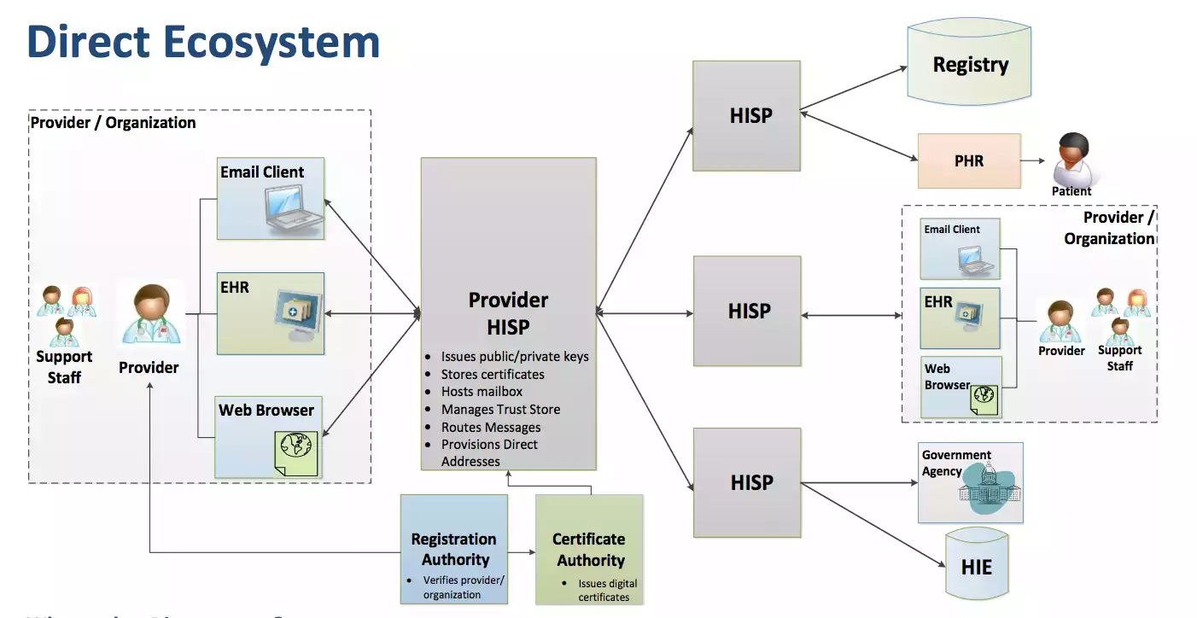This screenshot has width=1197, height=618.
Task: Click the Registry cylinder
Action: pos(970,66)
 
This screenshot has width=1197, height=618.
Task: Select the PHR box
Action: pos(968,160)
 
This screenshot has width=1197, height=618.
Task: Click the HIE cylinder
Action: pos(977,566)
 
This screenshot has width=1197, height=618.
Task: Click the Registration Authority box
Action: pos(454,549)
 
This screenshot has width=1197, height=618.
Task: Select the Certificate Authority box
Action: pos(589,550)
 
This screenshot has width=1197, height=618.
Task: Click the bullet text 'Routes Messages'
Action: pos(490,427)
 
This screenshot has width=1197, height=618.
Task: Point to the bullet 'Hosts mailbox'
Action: pos(482,392)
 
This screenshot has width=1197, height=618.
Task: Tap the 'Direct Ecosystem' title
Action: pos(203,42)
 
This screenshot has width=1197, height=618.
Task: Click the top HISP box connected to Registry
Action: pos(746,116)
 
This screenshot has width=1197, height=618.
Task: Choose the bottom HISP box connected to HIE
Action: pos(746,482)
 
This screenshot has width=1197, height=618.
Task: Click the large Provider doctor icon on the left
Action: pos(150,316)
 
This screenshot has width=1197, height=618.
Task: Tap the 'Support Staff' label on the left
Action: pos(64,367)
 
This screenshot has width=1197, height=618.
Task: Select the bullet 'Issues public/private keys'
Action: pos(514,357)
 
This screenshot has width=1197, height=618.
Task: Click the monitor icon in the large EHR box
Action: pos(295,312)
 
